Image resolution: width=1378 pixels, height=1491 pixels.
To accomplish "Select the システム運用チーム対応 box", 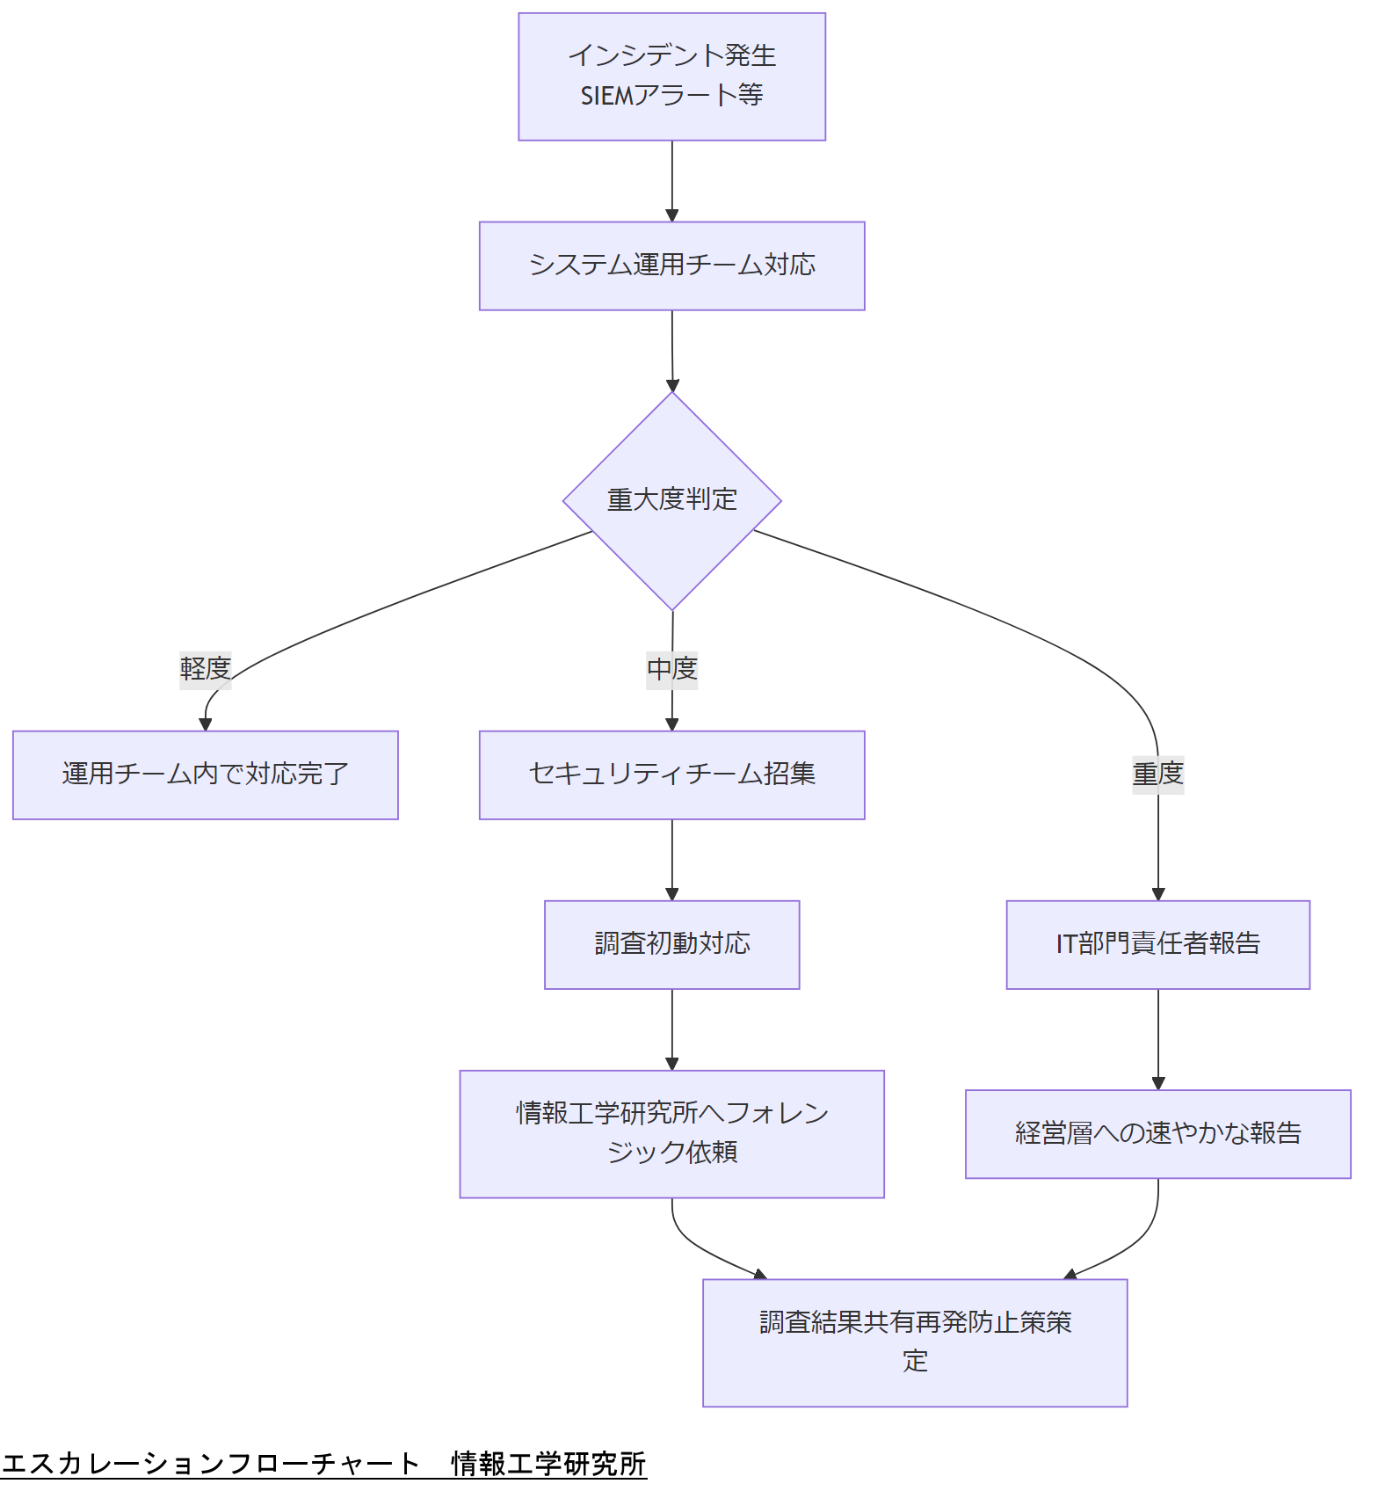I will tap(671, 265).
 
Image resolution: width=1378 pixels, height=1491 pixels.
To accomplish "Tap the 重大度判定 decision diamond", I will tap(671, 500).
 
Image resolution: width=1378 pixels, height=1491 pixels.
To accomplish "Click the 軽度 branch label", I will tap(205, 669).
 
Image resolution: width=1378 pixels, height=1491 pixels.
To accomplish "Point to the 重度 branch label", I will tap(1157, 775).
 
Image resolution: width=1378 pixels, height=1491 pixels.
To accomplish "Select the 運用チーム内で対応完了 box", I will tap(205, 775).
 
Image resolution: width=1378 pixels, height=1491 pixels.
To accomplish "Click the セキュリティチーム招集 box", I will tap(671, 775).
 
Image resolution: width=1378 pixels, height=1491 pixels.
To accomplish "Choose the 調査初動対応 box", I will tap(671, 944).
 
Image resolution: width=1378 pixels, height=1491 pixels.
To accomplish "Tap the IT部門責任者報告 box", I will tap(1157, 944).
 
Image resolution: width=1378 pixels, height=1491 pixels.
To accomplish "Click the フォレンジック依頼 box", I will tap(671, 1133).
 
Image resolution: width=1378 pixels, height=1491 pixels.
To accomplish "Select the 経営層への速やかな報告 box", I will tap(1157, 1133).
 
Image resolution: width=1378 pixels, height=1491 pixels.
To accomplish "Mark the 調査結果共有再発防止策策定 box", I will tap(914, 1342).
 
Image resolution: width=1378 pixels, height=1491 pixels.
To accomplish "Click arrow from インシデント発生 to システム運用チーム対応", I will tap(671, 180).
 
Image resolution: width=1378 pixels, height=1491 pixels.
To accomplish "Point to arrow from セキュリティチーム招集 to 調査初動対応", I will tap(671, 859).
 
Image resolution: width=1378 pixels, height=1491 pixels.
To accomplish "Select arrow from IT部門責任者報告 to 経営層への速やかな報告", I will tap(1157, 1038).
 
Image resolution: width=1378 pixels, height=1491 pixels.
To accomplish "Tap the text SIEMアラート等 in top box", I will tap(671, 95).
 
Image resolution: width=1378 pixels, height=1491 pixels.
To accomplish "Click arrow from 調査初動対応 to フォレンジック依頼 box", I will tap(671, 1029).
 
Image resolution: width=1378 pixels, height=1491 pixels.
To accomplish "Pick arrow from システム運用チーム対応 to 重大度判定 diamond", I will tap(671, 350).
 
